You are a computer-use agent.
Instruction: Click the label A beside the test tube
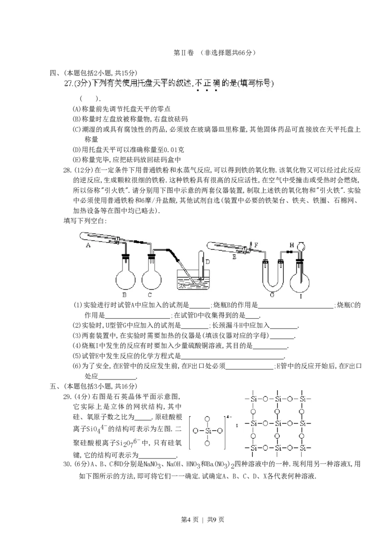88,245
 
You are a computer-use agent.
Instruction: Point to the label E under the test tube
234,258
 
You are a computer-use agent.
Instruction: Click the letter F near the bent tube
256,245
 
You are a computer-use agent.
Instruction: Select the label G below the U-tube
272,295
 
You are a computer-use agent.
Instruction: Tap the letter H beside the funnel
291,245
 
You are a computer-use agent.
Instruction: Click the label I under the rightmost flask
301,295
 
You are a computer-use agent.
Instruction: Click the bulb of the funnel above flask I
303,244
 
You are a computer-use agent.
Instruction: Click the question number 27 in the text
68,83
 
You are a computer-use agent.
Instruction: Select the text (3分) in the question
83,83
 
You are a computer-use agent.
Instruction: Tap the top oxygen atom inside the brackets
207,419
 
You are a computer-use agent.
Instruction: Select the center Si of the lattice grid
277,423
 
